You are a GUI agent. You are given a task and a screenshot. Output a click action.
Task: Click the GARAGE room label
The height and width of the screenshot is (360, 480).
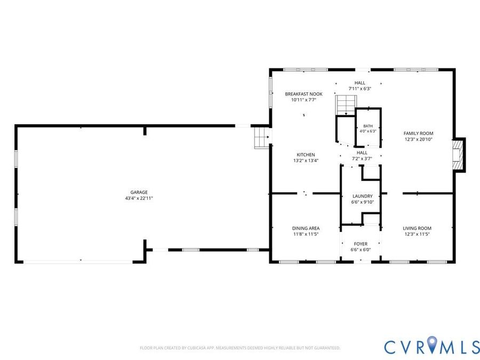139,192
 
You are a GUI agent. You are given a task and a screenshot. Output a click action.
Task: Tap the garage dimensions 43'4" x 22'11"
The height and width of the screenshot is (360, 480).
139,198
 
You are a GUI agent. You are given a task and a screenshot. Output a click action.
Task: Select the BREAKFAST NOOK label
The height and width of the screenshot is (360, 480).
303,94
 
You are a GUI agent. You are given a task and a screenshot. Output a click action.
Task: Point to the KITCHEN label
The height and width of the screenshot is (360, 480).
306,155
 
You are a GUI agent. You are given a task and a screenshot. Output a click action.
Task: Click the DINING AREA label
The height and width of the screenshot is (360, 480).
306,228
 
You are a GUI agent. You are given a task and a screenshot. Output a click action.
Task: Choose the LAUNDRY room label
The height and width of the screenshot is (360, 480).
363,196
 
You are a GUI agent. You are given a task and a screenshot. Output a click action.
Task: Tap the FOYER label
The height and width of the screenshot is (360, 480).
361,244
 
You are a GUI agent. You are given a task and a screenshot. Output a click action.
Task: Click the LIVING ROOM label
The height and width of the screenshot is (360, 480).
417,228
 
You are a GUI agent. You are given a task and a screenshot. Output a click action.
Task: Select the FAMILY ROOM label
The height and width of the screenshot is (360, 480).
418,133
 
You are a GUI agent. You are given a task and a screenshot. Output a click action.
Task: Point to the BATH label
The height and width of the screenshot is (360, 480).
368,126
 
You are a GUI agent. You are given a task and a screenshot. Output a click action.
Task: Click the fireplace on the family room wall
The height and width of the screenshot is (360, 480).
459,155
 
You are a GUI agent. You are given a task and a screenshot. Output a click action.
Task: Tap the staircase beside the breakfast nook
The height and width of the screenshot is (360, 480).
346,105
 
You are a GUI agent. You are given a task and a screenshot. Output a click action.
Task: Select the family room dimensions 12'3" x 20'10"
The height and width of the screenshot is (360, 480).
418,139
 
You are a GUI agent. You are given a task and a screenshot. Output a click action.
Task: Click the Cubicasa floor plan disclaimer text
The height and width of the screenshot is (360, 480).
240,348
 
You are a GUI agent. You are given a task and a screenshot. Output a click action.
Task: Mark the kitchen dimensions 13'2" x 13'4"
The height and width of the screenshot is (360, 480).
306,161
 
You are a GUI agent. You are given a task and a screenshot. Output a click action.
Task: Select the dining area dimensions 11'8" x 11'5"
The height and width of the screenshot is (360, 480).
306,234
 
